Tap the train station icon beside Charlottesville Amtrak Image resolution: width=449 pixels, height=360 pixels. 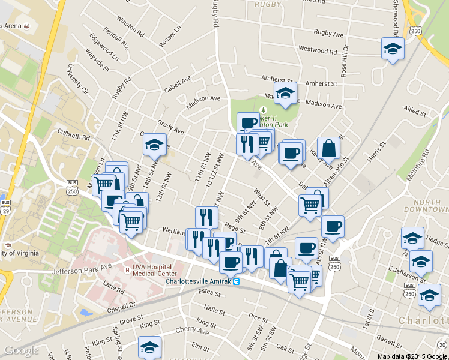pos(237,281)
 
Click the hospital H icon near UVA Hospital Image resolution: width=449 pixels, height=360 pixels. pos(127,270)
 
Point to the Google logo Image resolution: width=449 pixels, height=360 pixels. pos(21,350)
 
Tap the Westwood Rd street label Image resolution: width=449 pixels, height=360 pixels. pos(318,50)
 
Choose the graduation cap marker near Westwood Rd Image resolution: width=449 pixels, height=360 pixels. pos(392,48)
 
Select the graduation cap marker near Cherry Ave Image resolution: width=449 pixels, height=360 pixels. pos(149,347)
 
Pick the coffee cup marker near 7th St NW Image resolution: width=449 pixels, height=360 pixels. pos(332,226)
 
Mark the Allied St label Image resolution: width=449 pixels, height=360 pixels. pos(415,111)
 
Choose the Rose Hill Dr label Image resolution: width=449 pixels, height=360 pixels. pos(345,63)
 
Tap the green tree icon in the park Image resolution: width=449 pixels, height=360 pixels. pos(262,110)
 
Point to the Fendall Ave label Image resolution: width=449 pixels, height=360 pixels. pos(116,37)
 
